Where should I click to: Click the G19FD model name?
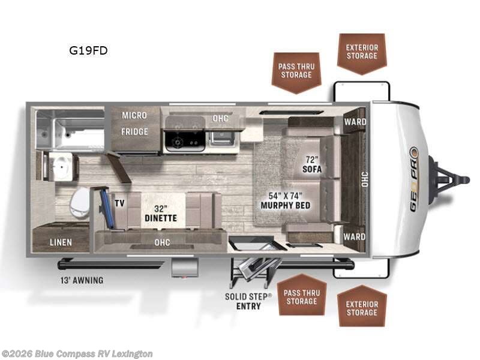point(88,50)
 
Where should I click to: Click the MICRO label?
point(134,115)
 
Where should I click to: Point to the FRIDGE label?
point(134,131)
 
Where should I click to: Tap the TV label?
point(119,203)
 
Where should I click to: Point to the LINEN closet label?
point(61,242)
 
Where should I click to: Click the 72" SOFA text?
point(312,164)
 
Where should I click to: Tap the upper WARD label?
point(355,122)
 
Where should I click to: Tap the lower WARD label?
point(354,236)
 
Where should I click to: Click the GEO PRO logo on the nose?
point(414,179)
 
